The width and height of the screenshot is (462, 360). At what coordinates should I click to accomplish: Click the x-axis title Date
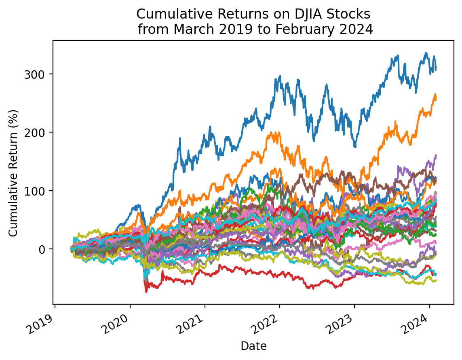coord(253,346)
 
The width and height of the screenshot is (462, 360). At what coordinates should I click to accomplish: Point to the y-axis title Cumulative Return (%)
coord(13,173)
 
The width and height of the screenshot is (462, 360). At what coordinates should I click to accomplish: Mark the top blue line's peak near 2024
coord(426,53)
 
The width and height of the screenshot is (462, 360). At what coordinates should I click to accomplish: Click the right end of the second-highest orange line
coord(436,97)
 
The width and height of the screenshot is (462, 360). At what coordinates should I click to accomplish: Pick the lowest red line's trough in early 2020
coord(146,291)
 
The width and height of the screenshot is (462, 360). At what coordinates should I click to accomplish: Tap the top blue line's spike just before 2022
coord(280,76)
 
